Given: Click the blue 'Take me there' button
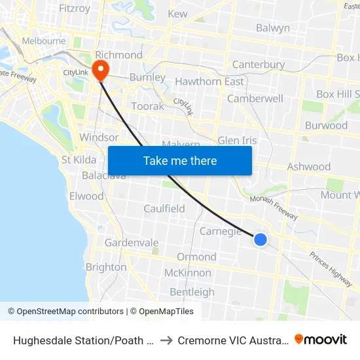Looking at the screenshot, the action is (179, 160).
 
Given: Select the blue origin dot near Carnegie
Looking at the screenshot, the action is (260, 240).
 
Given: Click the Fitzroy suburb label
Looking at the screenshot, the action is (74, 9).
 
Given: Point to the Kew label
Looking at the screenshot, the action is (177, 14).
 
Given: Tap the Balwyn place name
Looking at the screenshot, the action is (272, 28).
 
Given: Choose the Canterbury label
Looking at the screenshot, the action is (259, 65).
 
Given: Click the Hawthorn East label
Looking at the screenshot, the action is (209, 82).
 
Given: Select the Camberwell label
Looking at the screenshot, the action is (255, 99).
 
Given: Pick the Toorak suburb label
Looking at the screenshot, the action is (147, 105).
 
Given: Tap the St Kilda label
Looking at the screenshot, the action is (79, 160).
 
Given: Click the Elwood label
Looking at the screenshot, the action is (86, 196).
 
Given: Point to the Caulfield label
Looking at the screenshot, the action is (164, 209).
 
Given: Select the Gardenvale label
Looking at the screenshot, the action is (132, 243).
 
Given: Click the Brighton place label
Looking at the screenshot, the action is (106, 267).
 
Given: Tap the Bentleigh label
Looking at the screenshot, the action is (192, 292).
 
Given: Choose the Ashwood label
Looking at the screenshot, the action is (309, 167).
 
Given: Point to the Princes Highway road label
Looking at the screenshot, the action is (331, 268).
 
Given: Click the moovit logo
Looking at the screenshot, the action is (321, 339).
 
